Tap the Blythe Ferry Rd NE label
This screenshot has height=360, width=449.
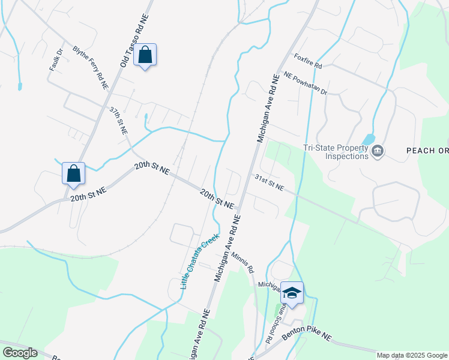91,68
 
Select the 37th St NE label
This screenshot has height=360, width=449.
118,121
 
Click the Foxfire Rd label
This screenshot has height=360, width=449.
308,61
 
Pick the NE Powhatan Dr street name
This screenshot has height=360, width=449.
306,84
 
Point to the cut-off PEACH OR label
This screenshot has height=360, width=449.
427,151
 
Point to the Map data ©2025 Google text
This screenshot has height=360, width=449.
412,355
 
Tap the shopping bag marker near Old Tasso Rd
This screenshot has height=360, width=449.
145,55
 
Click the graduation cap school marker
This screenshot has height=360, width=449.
292,293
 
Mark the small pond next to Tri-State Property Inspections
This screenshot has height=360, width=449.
368,139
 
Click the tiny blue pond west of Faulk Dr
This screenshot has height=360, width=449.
20,86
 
